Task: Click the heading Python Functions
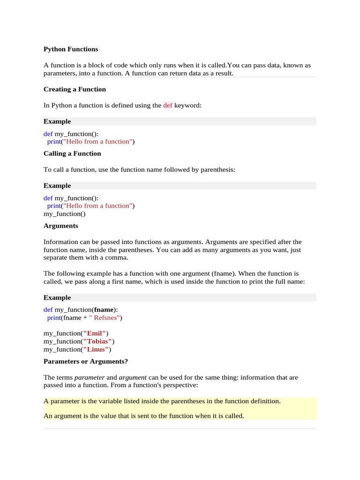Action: tap(71, 49)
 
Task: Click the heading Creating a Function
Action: tap(75, 89)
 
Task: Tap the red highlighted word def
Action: tap(168, 105)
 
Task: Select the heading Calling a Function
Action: tap(72, 153)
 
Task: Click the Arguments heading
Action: tap(61, 225)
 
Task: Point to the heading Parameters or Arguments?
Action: tap(86, 361)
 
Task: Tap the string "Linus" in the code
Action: tap(96, 349)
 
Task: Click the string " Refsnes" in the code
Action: tap(105, 317)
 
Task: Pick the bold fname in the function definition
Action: tap(104, 309)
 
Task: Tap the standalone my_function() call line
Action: tap(65, 213)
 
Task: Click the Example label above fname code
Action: tap(57, 297)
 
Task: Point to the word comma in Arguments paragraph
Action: tap(117, 258)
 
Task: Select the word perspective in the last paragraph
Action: tap(180, 385)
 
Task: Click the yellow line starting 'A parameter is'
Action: tap(162, 401)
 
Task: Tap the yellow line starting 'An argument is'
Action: tap(144, 415)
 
